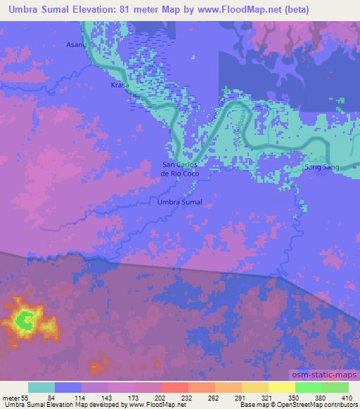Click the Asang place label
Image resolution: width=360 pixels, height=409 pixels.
76,44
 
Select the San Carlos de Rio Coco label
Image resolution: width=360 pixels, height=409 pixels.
182,169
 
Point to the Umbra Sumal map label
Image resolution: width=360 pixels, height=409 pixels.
180,202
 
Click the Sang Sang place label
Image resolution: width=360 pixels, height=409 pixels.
318,169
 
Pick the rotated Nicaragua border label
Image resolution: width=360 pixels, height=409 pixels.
246,128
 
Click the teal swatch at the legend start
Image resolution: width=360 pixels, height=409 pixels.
41,387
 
